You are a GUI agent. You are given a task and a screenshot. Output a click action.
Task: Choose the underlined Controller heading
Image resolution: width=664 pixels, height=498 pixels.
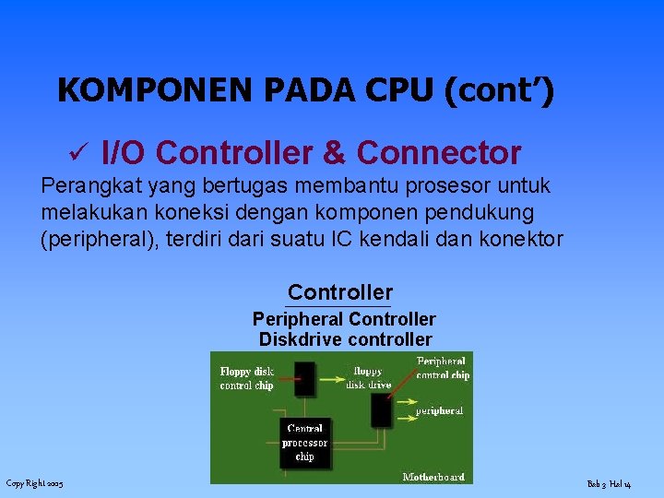[339, 293]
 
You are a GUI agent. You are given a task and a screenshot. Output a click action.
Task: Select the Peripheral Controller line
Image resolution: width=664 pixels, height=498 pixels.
[344, 319]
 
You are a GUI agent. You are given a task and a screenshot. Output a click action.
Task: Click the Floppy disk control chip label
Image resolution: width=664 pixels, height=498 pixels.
[247, 378]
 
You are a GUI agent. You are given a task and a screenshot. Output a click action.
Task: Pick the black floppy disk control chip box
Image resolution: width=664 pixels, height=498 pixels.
[303, 378]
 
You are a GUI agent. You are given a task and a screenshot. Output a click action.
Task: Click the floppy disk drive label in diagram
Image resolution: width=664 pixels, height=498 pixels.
[368, 378]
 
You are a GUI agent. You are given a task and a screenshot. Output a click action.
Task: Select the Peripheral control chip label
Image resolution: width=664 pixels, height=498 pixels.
[443, 369]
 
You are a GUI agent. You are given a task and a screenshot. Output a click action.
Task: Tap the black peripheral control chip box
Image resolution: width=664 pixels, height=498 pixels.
[381, 410]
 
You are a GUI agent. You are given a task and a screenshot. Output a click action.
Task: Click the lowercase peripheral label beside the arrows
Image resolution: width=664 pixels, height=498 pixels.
[439, 410]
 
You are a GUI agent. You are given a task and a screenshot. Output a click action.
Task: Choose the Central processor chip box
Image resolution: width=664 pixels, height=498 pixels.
[304, 443]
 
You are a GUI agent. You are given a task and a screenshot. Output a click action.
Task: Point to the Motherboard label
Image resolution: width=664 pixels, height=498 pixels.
[433, 477]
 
